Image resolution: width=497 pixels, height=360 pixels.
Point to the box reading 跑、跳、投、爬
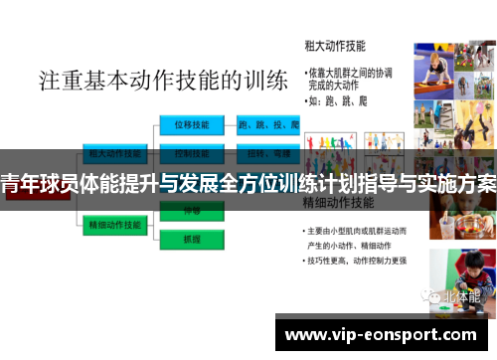click(x=268, y=125)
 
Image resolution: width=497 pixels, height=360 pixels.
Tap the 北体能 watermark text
click(x=459, y=295)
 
